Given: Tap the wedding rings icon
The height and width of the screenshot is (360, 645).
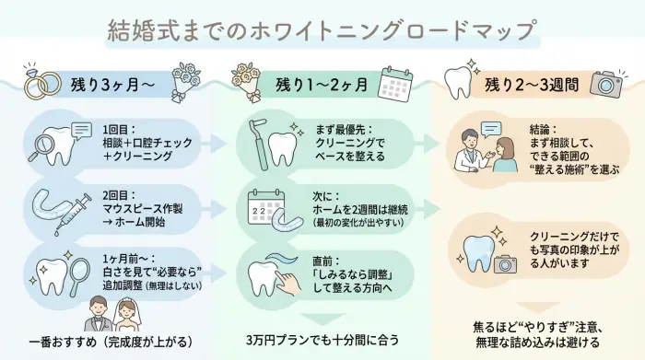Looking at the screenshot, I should click(30, 84).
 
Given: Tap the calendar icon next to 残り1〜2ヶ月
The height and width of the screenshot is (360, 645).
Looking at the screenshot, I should click(397, 82).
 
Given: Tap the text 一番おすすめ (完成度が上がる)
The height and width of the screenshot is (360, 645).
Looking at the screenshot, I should click(110, 341).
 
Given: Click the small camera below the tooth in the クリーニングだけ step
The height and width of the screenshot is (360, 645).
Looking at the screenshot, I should click(502, 264).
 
